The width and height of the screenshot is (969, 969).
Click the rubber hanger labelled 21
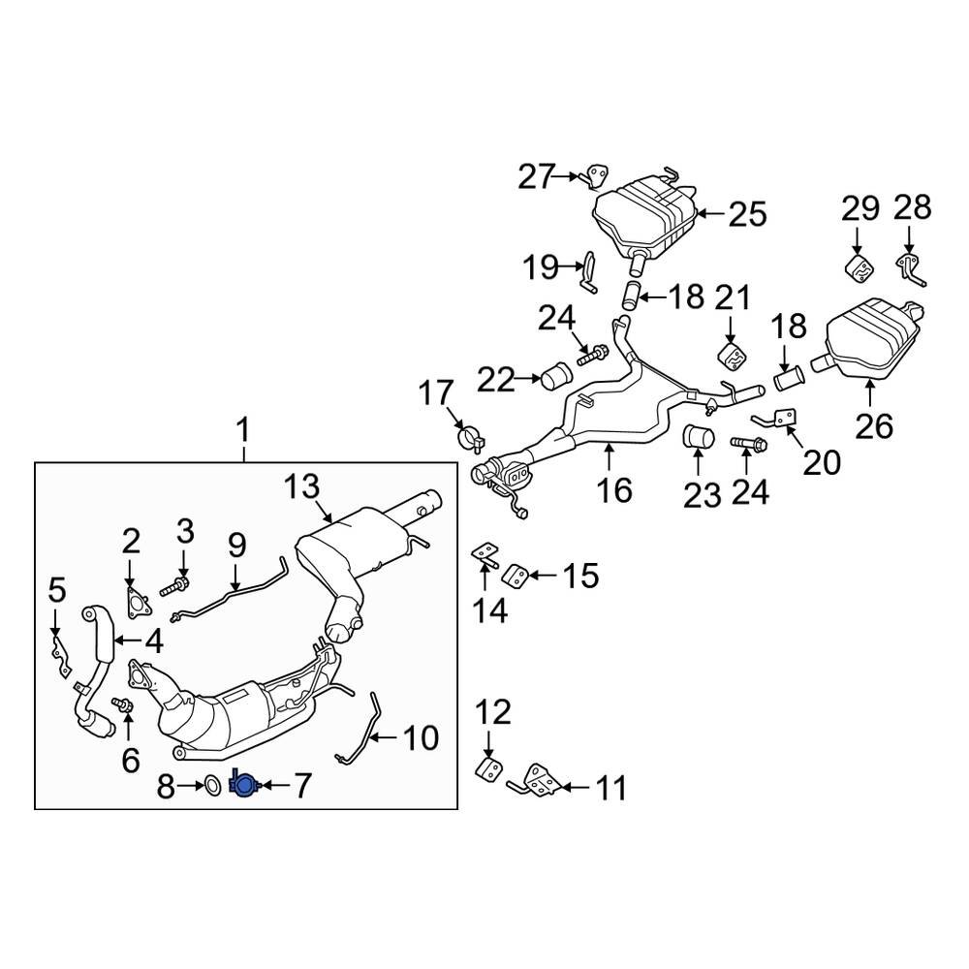click(734, 356)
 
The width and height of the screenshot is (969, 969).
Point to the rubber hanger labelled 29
click(858, 268)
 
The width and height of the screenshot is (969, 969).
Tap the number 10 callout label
click(421, 739)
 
